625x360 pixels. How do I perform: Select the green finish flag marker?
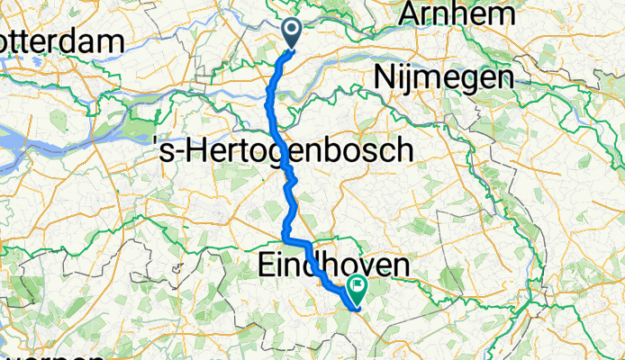point(358,290)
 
